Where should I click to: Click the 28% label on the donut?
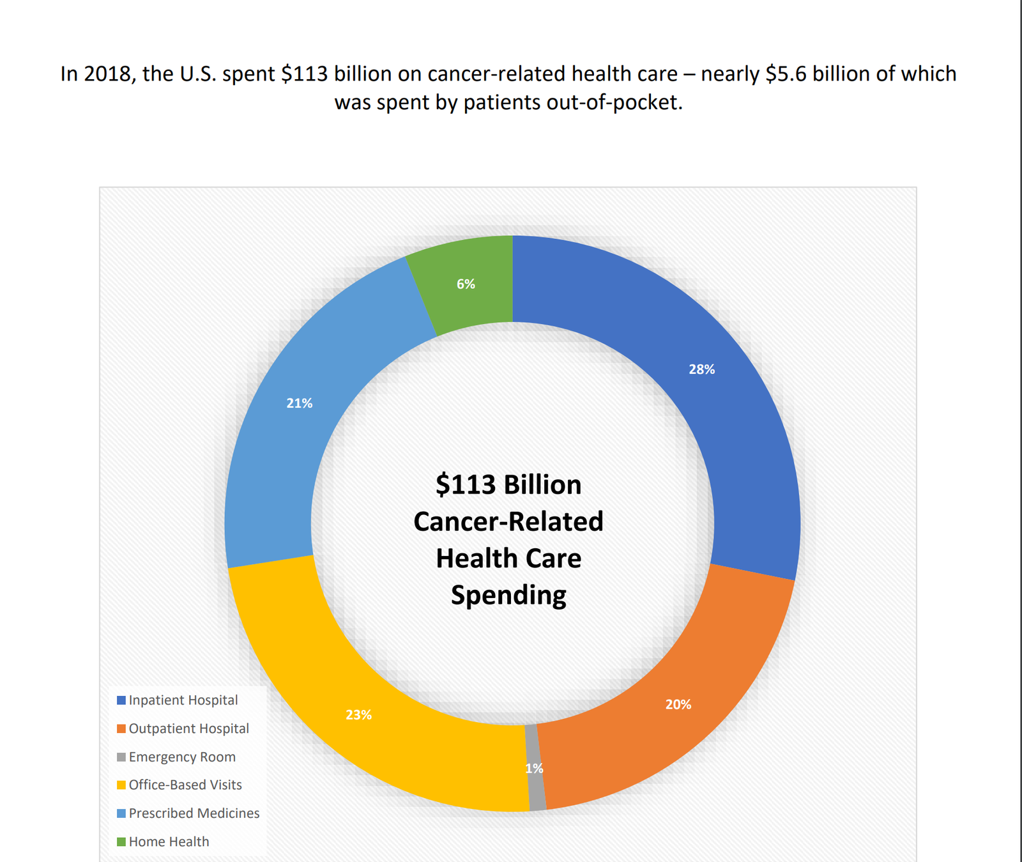[x=701, y=369]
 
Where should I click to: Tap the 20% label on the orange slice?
[x=678, y=704]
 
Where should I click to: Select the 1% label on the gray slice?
[x=534, y=768]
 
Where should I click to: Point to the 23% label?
[x=358, y=714]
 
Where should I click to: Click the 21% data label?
[x=299, y=403]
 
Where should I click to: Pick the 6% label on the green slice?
[x=466, y=284]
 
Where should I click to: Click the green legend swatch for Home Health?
[x=121, y=842]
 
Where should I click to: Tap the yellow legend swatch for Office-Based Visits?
[x=121, y=785]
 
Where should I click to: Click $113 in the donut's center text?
[x=466, y=485]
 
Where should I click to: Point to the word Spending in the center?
[x=508, y=595]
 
